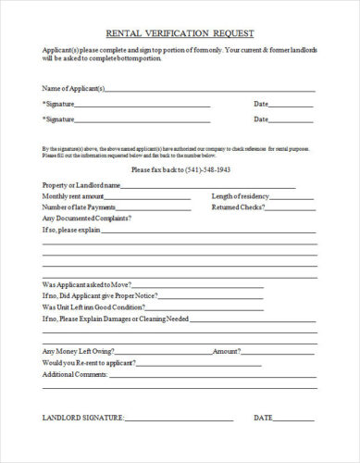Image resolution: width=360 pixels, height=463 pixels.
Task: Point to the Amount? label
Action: [x=228, y=352]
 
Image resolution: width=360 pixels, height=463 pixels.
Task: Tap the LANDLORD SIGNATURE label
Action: [x=83, y=419]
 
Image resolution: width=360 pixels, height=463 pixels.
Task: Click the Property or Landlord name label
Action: [x=81, y=185]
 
